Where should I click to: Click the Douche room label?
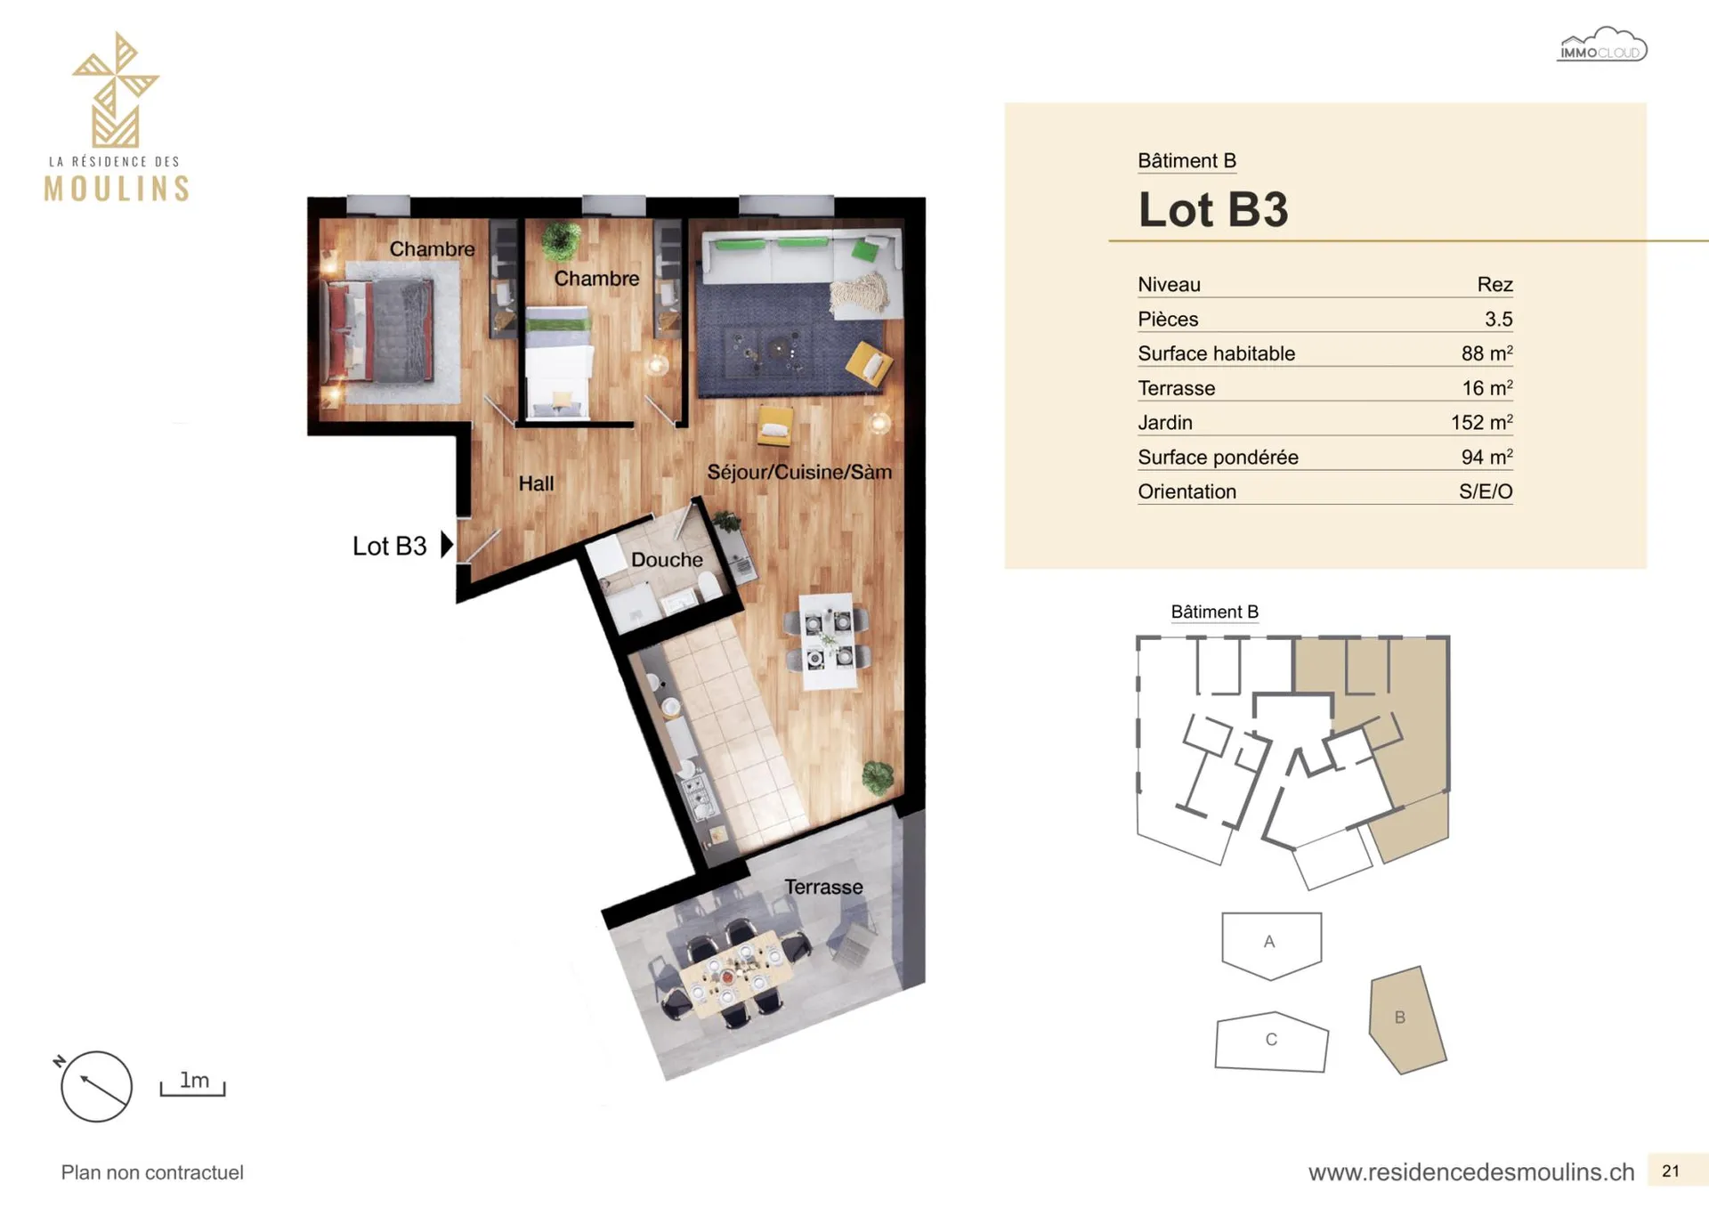pos(667,560)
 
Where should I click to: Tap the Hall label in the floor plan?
pos(536,483)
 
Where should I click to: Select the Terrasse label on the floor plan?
pos(823,887)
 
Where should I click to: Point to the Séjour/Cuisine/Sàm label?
pos(799,472)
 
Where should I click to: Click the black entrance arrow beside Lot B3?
pos(447,545)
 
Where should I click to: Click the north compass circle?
pos(96,1086)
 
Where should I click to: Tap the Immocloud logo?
pos(1602,45)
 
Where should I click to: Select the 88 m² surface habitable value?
pos(1486,353)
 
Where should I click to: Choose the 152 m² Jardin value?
pos(1482,422)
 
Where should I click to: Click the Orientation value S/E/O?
pos(1486,491)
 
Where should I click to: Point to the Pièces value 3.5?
pos(1499,319)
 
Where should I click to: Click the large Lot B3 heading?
pos(1213,210)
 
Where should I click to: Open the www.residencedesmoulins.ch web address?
pos(1471,1172)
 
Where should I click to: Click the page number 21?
pos(1671,1172)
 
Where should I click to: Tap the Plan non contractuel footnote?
pos(152,1172)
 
